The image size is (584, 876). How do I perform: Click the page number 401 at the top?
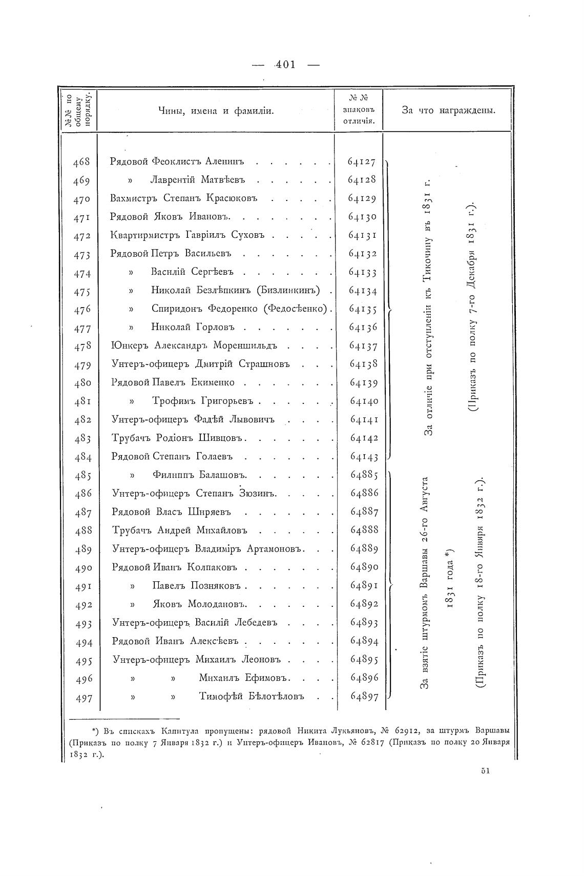[285, 65]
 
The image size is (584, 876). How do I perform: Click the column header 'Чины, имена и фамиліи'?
[216, 111]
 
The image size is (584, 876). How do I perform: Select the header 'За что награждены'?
[448, 111]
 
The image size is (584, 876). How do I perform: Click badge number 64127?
[362, 162]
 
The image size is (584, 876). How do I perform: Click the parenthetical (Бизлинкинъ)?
[291, 291]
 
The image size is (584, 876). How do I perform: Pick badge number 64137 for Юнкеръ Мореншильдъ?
[363, 346]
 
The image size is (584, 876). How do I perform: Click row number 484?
[82, 457]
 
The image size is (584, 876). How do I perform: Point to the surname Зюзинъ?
[258, 494]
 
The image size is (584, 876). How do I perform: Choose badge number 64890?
[364, 567]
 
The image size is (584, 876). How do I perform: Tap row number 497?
[84, 697]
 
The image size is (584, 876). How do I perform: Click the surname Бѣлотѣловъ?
[252, 696]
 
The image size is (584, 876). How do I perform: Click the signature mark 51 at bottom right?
[486, 770]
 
